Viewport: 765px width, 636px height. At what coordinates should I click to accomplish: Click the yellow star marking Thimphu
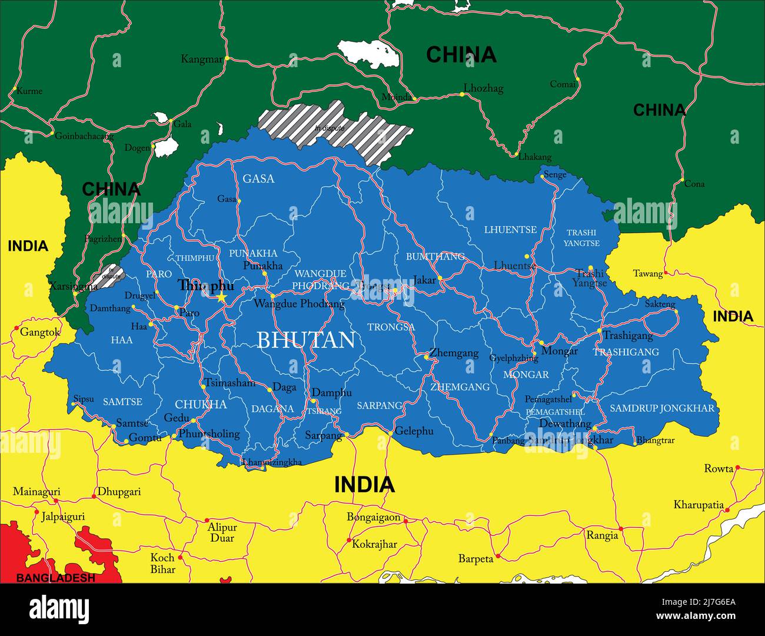[221, 298]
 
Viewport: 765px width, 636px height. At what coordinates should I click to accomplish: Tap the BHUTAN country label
[306, 340]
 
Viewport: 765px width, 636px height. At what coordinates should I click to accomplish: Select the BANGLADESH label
[55, 578]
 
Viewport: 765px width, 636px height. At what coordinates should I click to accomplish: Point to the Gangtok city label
[40, 332]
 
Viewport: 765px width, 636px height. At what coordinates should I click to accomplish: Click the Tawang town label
[647, 273]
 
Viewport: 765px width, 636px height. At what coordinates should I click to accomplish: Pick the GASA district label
[258, 178]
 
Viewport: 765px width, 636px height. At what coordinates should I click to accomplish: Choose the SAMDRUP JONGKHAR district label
[661, 408]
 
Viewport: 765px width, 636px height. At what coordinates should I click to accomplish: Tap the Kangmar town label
[202, 59]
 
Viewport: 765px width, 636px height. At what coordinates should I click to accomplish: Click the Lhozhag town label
[483, 88]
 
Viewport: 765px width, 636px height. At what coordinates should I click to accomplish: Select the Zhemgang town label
[454, 353]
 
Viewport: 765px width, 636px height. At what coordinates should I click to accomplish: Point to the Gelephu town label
[414, 431]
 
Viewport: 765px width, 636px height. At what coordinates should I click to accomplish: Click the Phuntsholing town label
[209, 434]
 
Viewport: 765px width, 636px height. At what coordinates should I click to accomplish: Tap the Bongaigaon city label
[373, 518]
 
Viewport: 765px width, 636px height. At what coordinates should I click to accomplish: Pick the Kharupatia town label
[699, 505]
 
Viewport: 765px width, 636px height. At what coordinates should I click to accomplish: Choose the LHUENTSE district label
[510, 230]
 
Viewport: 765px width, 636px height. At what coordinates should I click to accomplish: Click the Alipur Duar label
[222, 532]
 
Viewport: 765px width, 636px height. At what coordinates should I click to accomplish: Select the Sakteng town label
[660, 304]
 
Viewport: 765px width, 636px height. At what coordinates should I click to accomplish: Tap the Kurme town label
[29, 91]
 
